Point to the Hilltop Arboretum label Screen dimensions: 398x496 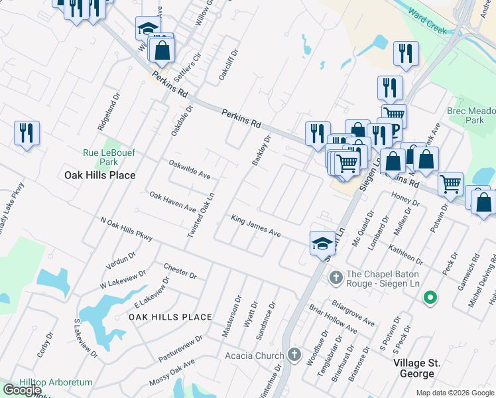pos(46,383)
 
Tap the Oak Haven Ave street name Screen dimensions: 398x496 pos(172,202)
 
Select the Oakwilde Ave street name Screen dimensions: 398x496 pos(190,169)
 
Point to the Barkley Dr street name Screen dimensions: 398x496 pos(261,151)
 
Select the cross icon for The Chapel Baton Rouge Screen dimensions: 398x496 pos(336,275)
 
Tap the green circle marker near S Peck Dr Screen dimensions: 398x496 pos(430,298)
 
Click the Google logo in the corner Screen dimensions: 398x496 pos(22,390)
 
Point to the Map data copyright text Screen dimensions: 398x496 pos(455,393)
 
